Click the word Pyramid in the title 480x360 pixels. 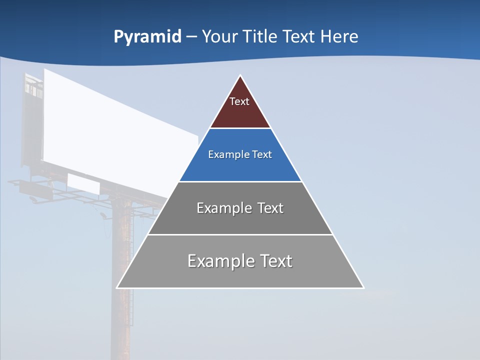point(147,37)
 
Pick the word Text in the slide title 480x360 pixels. point(299,37)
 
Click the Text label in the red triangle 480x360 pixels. point(239,101)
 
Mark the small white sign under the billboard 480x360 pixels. point(83,184)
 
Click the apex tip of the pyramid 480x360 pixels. point(240,76)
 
